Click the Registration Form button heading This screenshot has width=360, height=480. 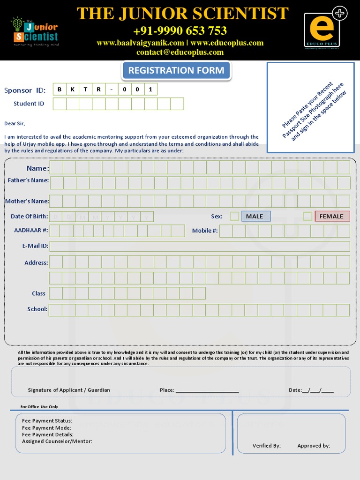(176, 71)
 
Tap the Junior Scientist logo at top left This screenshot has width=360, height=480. (35, 32)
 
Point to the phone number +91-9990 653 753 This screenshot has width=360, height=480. (180, 31)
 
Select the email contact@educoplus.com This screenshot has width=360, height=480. (180, 52)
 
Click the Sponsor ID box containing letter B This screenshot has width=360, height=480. (60, 89)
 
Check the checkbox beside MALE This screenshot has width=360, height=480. (234, 216)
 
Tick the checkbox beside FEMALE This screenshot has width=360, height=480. (307, 216)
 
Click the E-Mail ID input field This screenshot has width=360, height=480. (200, 246)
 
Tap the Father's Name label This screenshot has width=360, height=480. (28, 180)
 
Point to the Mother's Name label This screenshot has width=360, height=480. (27, 201)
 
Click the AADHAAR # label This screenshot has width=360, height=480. (31, 230)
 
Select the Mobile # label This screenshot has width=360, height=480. (205, 230)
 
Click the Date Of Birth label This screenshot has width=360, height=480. (30, 216)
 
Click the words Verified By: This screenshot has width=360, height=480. (267, 446)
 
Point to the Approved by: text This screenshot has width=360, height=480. (314, 446)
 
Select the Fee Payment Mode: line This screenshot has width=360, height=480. (47, 427)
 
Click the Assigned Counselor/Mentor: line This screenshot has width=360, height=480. (57, 441)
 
